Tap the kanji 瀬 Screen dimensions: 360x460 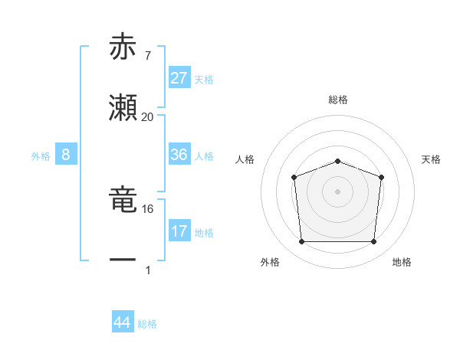123,110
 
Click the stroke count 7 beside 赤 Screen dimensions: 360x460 147,56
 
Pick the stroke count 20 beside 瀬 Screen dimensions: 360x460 147,117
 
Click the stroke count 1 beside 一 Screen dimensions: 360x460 147,270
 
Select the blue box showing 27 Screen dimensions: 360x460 179,78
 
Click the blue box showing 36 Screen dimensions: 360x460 179,155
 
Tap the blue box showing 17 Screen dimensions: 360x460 179,231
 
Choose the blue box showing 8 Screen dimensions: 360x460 66,155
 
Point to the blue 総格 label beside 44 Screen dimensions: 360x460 148,324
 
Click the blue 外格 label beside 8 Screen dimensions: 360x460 41,156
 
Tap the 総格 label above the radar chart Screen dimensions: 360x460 337,100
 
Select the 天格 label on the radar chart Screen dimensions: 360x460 431,159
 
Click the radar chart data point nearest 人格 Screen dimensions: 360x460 294,178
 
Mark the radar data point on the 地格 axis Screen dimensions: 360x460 374,242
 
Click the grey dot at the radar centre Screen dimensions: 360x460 337,191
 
